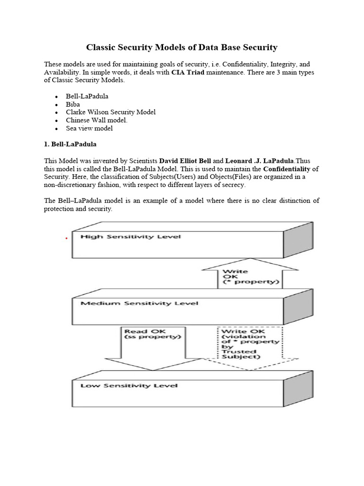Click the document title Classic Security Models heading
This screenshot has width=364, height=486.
click(x=182, y=47)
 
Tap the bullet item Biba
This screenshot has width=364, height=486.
click(x=73, y=104)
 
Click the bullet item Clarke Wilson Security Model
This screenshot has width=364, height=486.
click(x=110, y=112)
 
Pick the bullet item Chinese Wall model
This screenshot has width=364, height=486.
click(x=97, y=120)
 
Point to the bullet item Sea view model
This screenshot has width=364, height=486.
click(x=89, y=128)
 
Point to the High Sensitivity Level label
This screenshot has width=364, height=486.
click(x=130, y=236)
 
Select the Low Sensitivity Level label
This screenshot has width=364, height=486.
click(x=129, y=385)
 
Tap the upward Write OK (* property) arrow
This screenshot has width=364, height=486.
click(x=250, y=278)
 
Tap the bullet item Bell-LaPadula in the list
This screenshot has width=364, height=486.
click(x=87, y=96)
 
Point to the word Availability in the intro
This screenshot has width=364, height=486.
click(x=62, y=72)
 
